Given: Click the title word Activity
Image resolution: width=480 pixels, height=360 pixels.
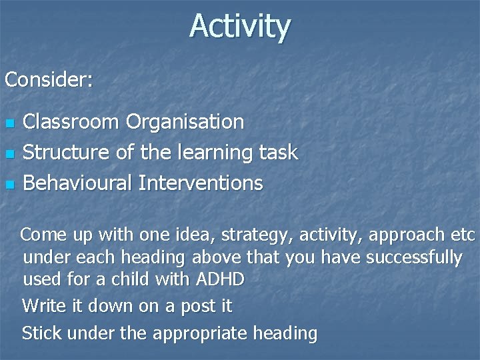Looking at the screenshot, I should [240, 27].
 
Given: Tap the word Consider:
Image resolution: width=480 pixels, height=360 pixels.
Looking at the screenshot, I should [49, 80].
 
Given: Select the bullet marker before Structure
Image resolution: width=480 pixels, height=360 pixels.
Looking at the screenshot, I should [9, 154].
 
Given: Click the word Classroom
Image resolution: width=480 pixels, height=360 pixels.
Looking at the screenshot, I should [71, 122].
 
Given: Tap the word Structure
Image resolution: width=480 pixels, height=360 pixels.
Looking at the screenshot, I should [65, 153].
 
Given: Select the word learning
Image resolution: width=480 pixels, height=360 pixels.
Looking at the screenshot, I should [216, 153].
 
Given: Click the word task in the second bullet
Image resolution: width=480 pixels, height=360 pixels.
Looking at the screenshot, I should [279, 153].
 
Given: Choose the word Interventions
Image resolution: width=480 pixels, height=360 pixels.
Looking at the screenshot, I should [201, 183].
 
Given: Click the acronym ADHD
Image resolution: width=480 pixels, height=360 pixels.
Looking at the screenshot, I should [220, 279].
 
